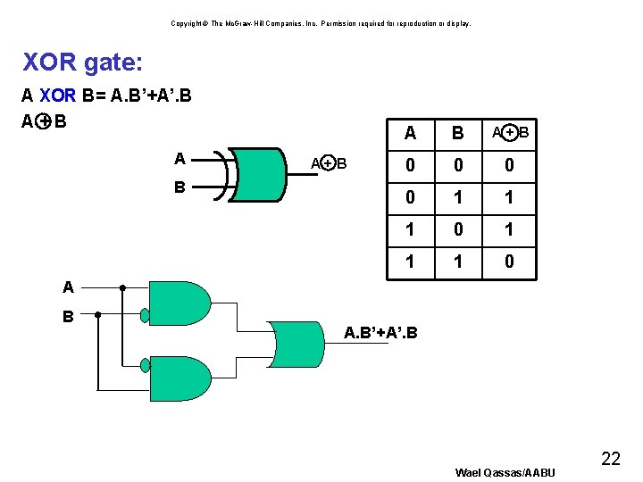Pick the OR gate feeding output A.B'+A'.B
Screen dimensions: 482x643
[x=295, y=343]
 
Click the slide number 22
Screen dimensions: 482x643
[x=611, y=459]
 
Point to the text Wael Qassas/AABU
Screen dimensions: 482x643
[x=505, y=472]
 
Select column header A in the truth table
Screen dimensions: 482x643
[x=410, y=133]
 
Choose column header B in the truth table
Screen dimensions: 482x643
[x=458, y=133]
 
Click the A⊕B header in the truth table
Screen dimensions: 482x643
[x=510, y=133]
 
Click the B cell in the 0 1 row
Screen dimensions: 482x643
[x=458, y=197]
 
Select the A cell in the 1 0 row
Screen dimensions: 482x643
[x=410, y=229]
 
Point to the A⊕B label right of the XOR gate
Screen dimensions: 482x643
[x=328, y=163]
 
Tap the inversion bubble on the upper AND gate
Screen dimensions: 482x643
[x=145, y=314]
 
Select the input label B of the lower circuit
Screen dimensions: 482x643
[x=68, y=315]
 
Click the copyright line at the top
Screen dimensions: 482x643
[x=321, y=23]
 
